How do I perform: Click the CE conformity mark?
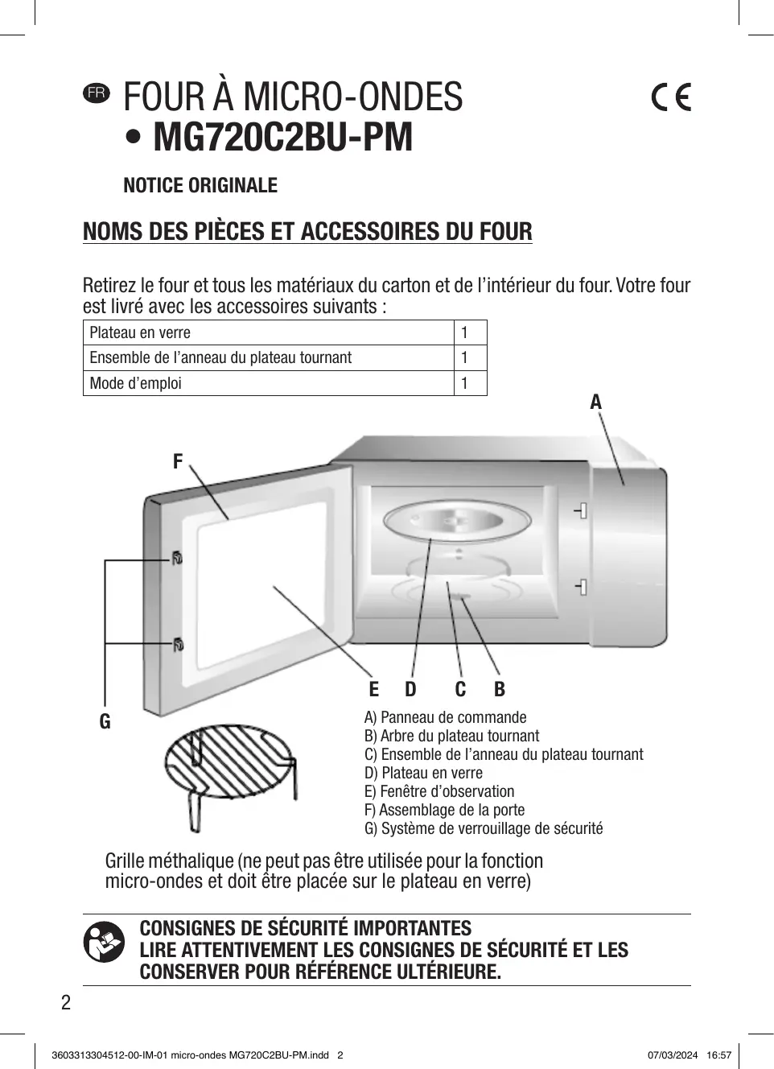[670, 97]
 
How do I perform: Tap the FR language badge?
[96, 93]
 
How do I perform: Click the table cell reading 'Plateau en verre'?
[140, 332]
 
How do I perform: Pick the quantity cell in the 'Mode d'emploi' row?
[465, 383]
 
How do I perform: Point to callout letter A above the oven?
[595, 402]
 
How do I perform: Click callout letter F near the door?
[178, 461]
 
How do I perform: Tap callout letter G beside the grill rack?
[105, 722]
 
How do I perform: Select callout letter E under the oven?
[373, 689]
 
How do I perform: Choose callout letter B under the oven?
[500, 689]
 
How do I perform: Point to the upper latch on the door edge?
[176, 557]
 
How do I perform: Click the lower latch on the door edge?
[177, 644]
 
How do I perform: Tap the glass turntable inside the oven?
[455, 522]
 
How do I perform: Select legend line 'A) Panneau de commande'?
[445, 717]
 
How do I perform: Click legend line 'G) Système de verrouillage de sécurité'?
[483, 828]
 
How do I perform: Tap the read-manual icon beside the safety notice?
[104, 943]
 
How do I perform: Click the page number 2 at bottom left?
[66, 1002]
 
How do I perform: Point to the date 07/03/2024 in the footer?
[673, 1055]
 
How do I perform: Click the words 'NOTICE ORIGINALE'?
[200, 186]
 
